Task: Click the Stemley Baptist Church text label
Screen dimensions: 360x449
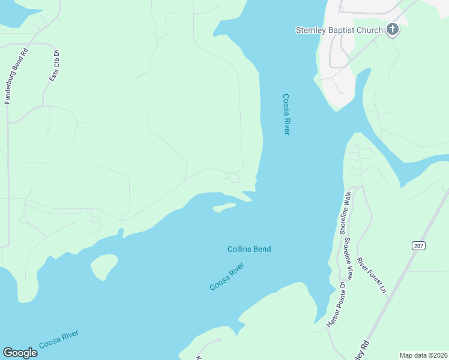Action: point(339,31)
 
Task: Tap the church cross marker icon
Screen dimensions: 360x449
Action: point(393,29)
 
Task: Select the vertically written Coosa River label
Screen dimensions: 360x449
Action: point(286,114)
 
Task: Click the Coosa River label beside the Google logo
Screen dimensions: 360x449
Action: point(59,340)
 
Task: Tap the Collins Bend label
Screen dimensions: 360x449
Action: point(249,249)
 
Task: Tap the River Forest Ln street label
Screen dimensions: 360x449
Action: point(372,275)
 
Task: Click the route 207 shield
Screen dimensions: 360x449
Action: point(419,245)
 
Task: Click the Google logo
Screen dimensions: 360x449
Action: point(20,353)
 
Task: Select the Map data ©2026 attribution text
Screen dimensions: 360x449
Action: point(424,355)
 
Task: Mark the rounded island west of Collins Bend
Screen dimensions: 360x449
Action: point(104,266)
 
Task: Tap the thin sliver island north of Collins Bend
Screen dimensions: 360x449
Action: point(224,208)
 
